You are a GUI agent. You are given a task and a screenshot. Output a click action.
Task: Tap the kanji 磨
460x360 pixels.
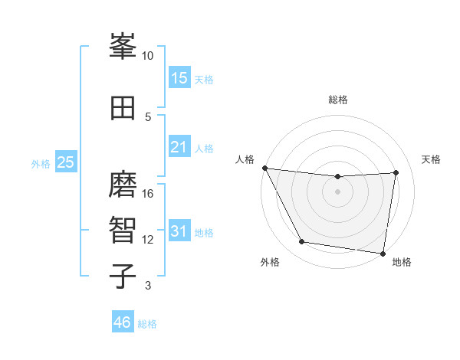point(123,185)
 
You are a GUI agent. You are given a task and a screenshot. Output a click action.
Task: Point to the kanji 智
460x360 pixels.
point(123,231)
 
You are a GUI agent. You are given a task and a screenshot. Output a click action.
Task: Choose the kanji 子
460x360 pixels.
point(123,277)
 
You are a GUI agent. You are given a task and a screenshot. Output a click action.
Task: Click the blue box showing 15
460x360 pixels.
point(179,77)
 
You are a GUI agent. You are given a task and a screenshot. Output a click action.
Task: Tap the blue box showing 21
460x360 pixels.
point(179,146)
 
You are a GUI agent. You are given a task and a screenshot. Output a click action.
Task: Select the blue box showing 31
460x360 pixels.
point(179,231)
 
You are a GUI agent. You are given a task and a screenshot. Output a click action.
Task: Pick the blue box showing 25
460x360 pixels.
point(66,162)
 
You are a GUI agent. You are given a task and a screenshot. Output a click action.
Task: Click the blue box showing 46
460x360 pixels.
point(123,322)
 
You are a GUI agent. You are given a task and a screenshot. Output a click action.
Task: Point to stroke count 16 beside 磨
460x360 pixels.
point(148,194)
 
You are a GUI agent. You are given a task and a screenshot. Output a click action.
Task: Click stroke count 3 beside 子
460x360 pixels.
point(148,286)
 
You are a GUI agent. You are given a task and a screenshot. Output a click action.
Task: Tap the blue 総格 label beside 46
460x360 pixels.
point(147,324)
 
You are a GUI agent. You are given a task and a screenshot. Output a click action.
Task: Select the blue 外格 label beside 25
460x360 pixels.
point(41,163)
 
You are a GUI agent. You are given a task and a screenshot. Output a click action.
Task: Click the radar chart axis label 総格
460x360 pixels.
point(337,100)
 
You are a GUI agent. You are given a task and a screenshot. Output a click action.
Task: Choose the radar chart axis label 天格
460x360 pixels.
point(432,159)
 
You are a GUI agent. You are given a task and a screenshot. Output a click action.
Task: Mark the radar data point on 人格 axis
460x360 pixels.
point(264,168)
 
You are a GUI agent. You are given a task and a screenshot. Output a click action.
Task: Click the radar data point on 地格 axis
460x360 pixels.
point(383,253)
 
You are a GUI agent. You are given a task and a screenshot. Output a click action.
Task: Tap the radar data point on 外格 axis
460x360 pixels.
point(302,242)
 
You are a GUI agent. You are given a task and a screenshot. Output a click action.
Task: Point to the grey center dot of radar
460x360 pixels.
point(337,191)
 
